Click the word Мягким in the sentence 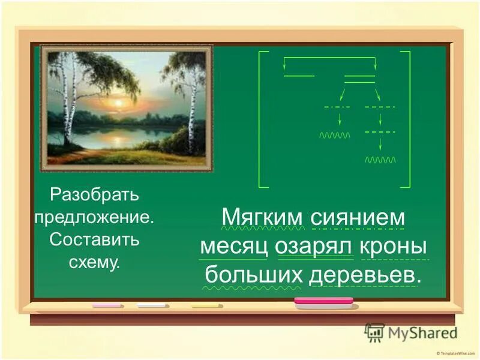pos(262,217)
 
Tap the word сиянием pos(358,217)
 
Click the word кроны pos(394,247)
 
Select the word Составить pos(95,240)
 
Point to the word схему pos(95,262)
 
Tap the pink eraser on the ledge pos(323,302)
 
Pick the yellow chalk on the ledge pos(205,305)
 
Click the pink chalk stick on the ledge pos(107,305)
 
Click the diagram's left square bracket pos(260,119)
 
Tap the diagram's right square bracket pos(408,119)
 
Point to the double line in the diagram pos(359,79)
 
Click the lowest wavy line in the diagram pos(380,160)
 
